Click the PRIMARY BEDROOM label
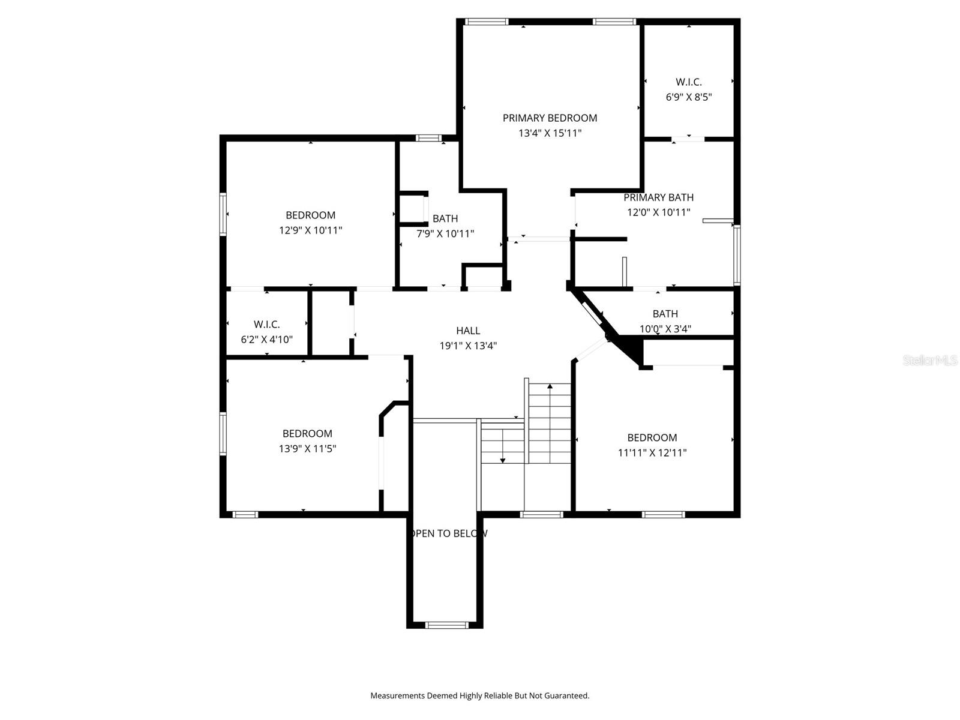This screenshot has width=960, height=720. (550, 118)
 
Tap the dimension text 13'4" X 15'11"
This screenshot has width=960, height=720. (550, 133)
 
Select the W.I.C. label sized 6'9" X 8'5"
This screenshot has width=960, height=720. (688, 82)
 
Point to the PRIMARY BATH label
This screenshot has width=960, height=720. (658, 197)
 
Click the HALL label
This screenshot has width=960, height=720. (468, 331)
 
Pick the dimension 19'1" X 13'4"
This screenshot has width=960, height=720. (468, 346)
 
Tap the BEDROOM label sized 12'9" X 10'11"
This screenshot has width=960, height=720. (310, 215)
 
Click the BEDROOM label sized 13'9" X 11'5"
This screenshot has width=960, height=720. (307, 434)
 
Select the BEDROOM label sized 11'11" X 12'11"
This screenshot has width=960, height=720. (652, 438)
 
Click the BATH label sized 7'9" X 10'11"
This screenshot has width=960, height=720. (445, 219)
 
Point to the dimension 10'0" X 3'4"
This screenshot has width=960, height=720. (665, 329)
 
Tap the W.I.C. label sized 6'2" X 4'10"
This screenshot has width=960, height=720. (266, 325)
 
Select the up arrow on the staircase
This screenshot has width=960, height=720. (550, 390)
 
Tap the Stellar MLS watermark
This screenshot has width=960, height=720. (929, 361)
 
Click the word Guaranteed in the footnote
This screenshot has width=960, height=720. (567, 696)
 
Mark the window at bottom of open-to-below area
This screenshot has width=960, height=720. (446, 625)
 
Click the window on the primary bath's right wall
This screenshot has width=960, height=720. (737, 255)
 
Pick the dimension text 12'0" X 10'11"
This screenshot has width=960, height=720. (658, 212)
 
